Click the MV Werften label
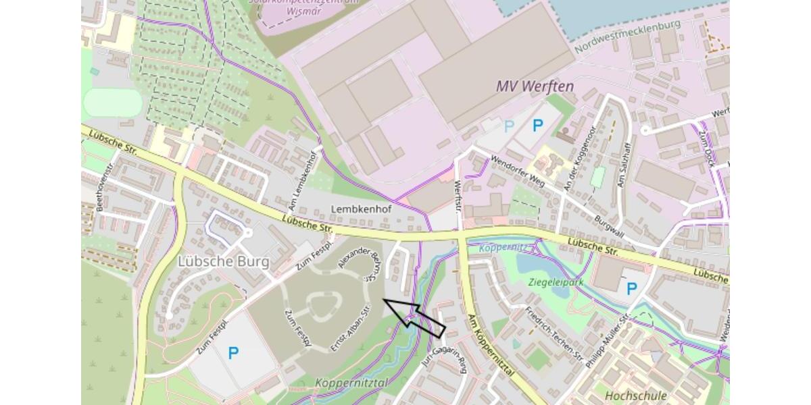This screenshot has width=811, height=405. pyautogui.click(x=535, y=86)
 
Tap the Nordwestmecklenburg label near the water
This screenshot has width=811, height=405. pyautogui.click(x=627, y=36)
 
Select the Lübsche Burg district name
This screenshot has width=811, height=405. pyautogui.click(x=223, y=261)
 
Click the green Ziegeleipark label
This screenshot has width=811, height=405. pyautogui.click(x=556, y=282)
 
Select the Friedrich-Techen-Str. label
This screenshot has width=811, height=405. pyautogui.click(x=554, y=334)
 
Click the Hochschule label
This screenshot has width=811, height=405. pyautogui.click(x=636, y=396)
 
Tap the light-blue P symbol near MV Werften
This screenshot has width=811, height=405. pyautogui.click(x=510, y=126)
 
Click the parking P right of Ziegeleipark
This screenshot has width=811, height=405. pyautogui.click(x=631, y=289)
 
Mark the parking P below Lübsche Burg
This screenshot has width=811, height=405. pyautogui.click(x=233, y=352)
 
